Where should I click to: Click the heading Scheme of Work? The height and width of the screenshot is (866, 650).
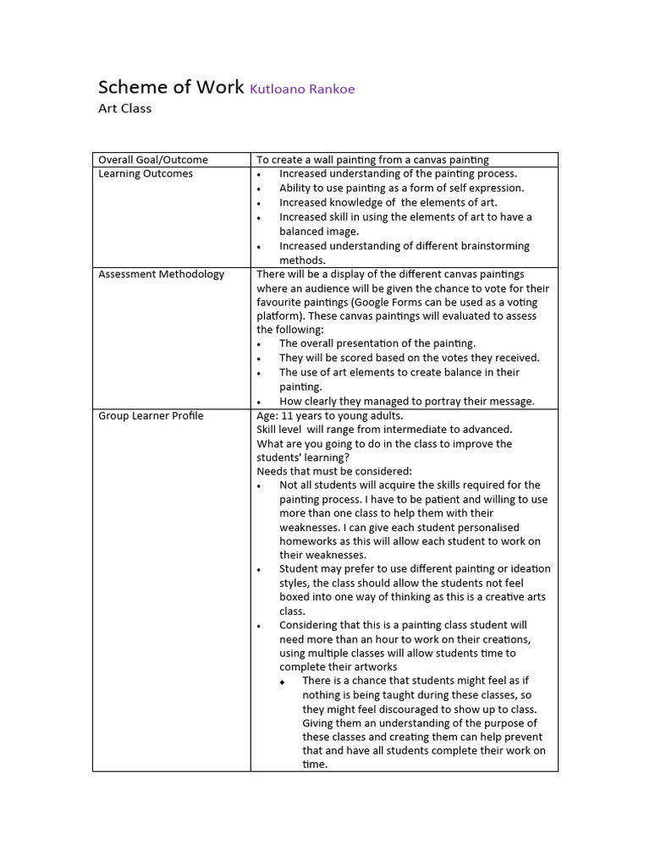coord(170,87)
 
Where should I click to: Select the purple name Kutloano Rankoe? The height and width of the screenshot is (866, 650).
coord(302,89)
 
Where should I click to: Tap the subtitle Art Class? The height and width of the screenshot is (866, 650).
coord(124,108)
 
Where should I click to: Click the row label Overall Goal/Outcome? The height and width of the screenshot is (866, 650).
coord(153,160)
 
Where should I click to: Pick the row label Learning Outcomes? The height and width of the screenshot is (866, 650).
coord(146,173)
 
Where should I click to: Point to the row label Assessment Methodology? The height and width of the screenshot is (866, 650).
coord(162,274)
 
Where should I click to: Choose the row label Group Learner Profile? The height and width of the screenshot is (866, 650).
coord(151,415)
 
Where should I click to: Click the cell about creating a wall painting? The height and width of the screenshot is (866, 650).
coord(372,160)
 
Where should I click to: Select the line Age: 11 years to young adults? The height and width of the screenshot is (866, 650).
coord(330,415)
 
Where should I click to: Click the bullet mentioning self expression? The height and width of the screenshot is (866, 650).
coord(401,188)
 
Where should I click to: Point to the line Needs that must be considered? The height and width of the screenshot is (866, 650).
coord(333,471)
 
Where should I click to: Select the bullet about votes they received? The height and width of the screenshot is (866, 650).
coord(409,358)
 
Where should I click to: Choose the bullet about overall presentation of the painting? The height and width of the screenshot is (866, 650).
coord(377,343)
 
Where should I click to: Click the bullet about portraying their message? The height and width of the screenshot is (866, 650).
coord(406,401)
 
